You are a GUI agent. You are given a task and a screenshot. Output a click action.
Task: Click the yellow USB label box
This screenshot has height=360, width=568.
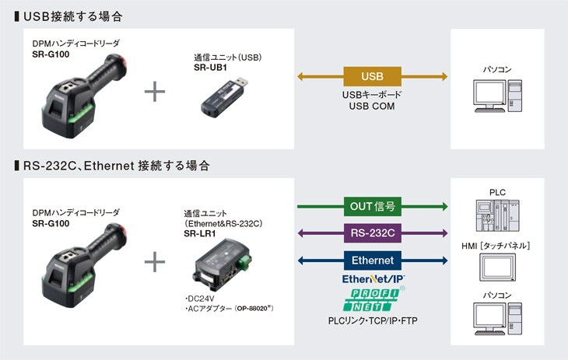pos(372,76)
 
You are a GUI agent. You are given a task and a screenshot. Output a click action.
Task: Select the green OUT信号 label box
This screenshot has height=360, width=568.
pos(373,206)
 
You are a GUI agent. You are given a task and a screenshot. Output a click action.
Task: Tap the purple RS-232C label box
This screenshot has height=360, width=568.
pos(373,232)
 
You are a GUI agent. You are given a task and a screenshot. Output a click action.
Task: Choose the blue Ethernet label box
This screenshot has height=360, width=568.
pos(373,260)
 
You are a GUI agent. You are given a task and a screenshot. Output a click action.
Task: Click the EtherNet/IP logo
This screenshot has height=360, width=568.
pos(372,278)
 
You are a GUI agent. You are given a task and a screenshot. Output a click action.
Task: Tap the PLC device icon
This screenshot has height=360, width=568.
pos(497,215)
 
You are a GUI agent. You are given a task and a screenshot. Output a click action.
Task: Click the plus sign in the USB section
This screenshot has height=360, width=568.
pos(156,92)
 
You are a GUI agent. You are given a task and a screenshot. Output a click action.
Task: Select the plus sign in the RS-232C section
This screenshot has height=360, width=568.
pos(156,262)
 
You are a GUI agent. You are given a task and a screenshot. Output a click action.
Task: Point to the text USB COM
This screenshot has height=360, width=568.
pos(372,107)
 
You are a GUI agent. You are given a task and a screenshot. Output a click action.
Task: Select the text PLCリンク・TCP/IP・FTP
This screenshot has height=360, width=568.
pos(372,320)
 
